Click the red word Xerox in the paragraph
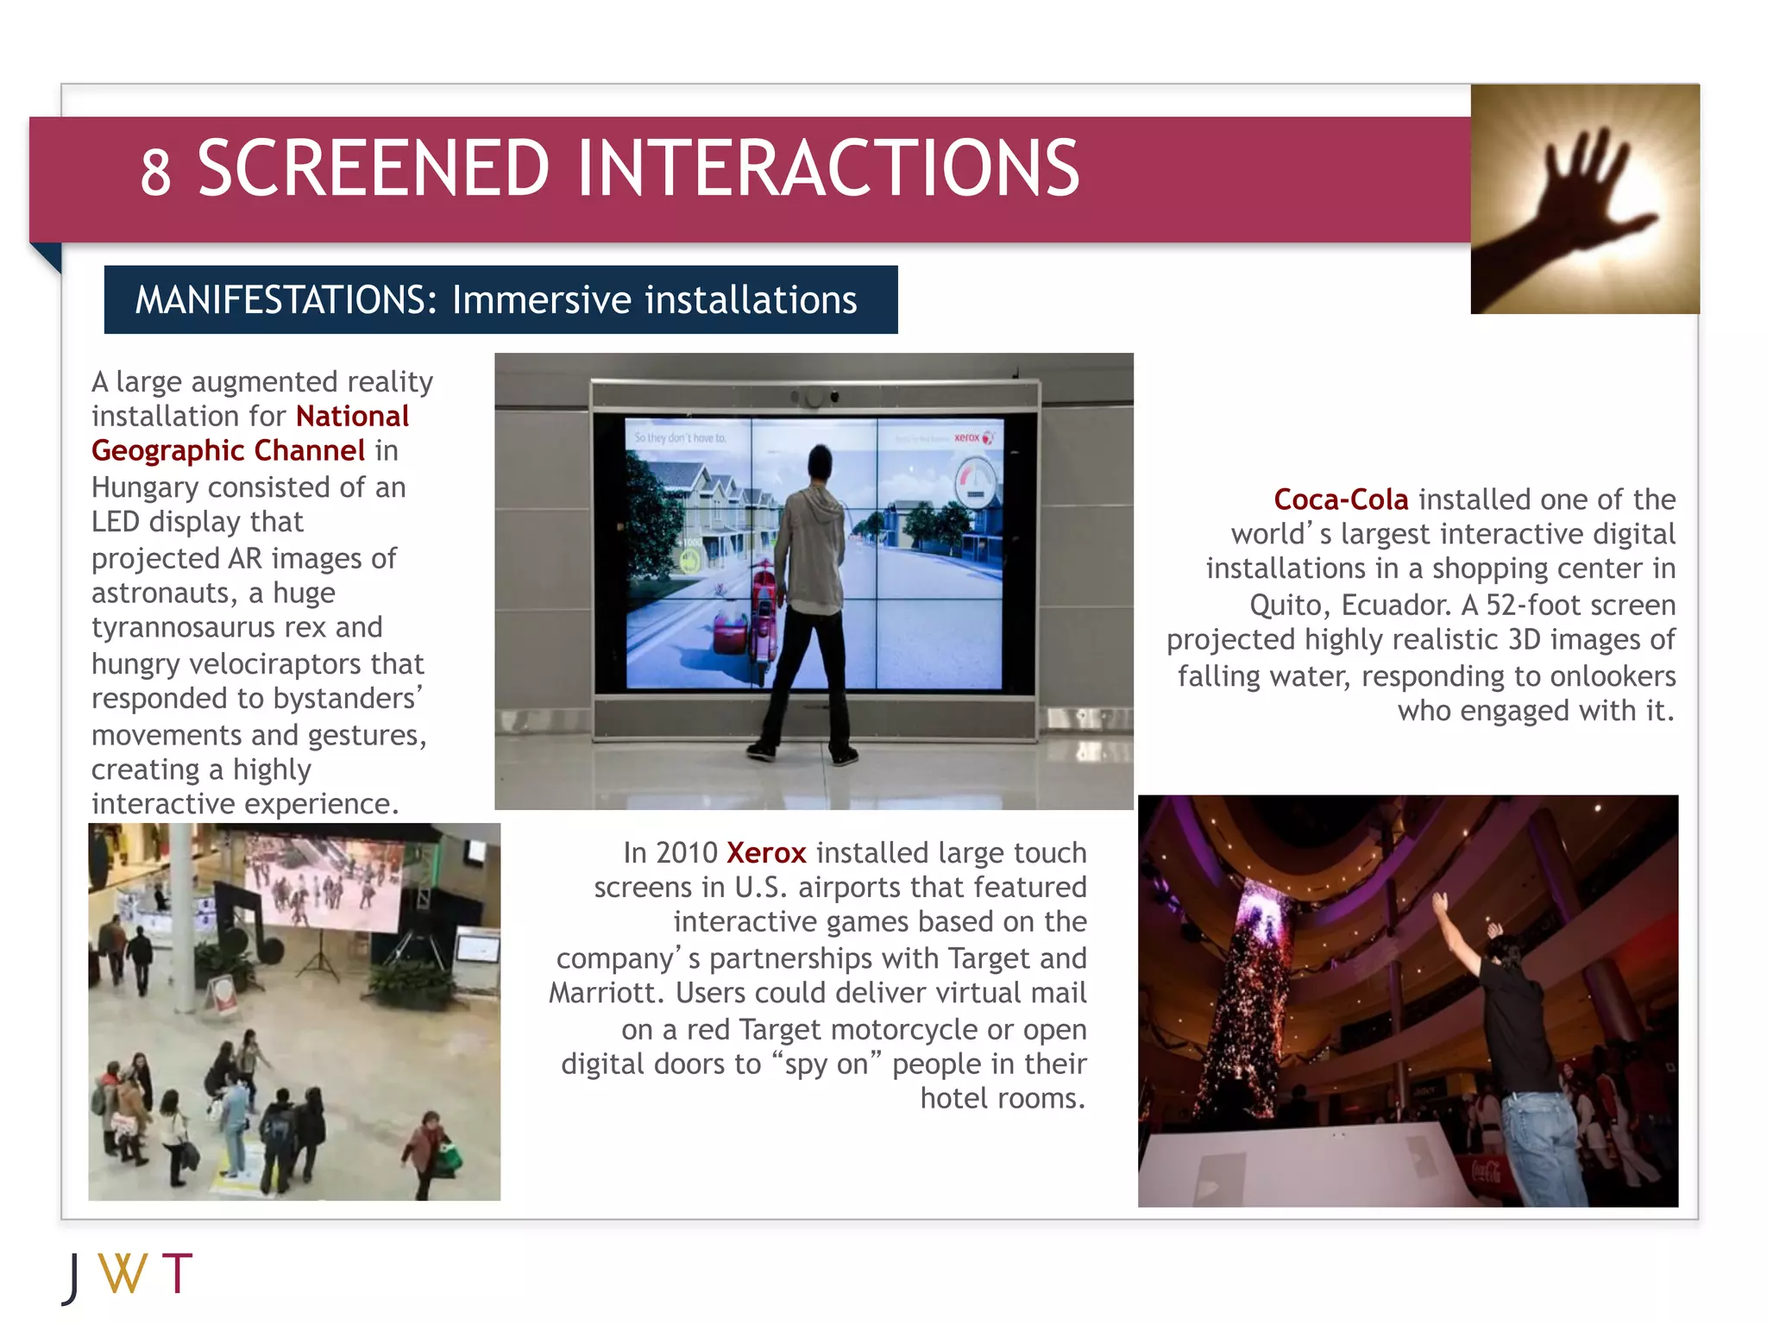pos(765,853)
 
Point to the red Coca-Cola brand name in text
pos(1340,499)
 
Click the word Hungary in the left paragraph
pos(145,487)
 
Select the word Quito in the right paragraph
pos(1289,605)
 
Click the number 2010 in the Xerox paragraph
pos(687,853)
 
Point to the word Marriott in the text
pos(606,993)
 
